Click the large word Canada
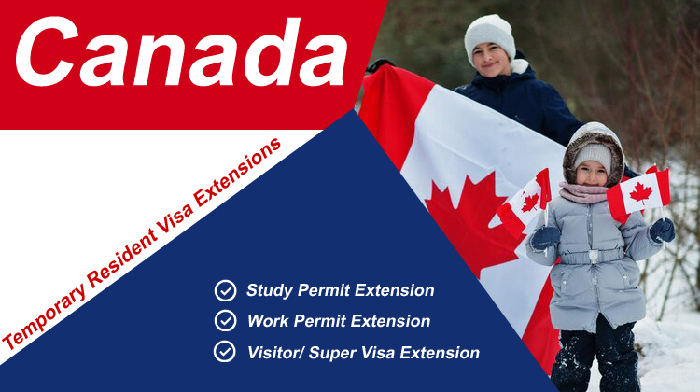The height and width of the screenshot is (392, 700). pos(181,52)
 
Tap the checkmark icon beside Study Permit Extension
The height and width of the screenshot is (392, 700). pos(226,290)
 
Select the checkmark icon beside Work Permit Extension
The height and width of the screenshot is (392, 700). pos(226,320)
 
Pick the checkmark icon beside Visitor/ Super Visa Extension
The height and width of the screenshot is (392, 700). pos(225,351)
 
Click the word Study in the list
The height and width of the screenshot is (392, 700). pos(269,290)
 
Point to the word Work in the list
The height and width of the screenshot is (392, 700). pos(268,320)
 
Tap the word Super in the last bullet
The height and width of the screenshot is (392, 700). pos(331,353)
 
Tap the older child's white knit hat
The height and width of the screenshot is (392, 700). pos(490,38)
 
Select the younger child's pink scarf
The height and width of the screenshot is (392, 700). pos(583,192)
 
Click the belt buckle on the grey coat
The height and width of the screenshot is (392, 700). pos(593,256)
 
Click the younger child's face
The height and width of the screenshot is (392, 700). pos(592,174)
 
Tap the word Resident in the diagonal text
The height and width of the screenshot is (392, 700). pos(121,260)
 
